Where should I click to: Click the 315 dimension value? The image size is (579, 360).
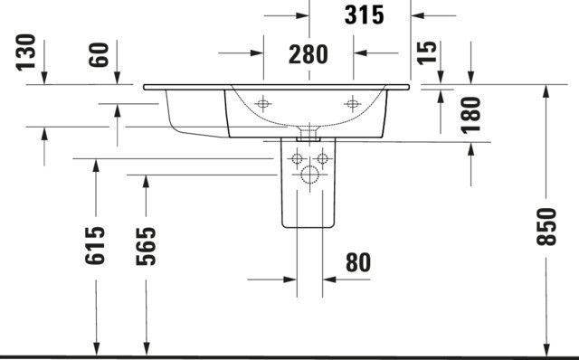364,15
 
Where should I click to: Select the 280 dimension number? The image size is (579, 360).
308,54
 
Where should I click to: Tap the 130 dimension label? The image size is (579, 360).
26,52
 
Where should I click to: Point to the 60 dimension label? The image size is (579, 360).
99,54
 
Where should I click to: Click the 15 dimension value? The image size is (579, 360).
426,52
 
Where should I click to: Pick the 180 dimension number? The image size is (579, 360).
470,115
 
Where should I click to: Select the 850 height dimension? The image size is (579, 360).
546,227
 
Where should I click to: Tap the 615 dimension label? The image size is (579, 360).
95,246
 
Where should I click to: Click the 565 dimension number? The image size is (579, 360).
146,247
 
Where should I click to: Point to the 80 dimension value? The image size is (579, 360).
358,263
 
